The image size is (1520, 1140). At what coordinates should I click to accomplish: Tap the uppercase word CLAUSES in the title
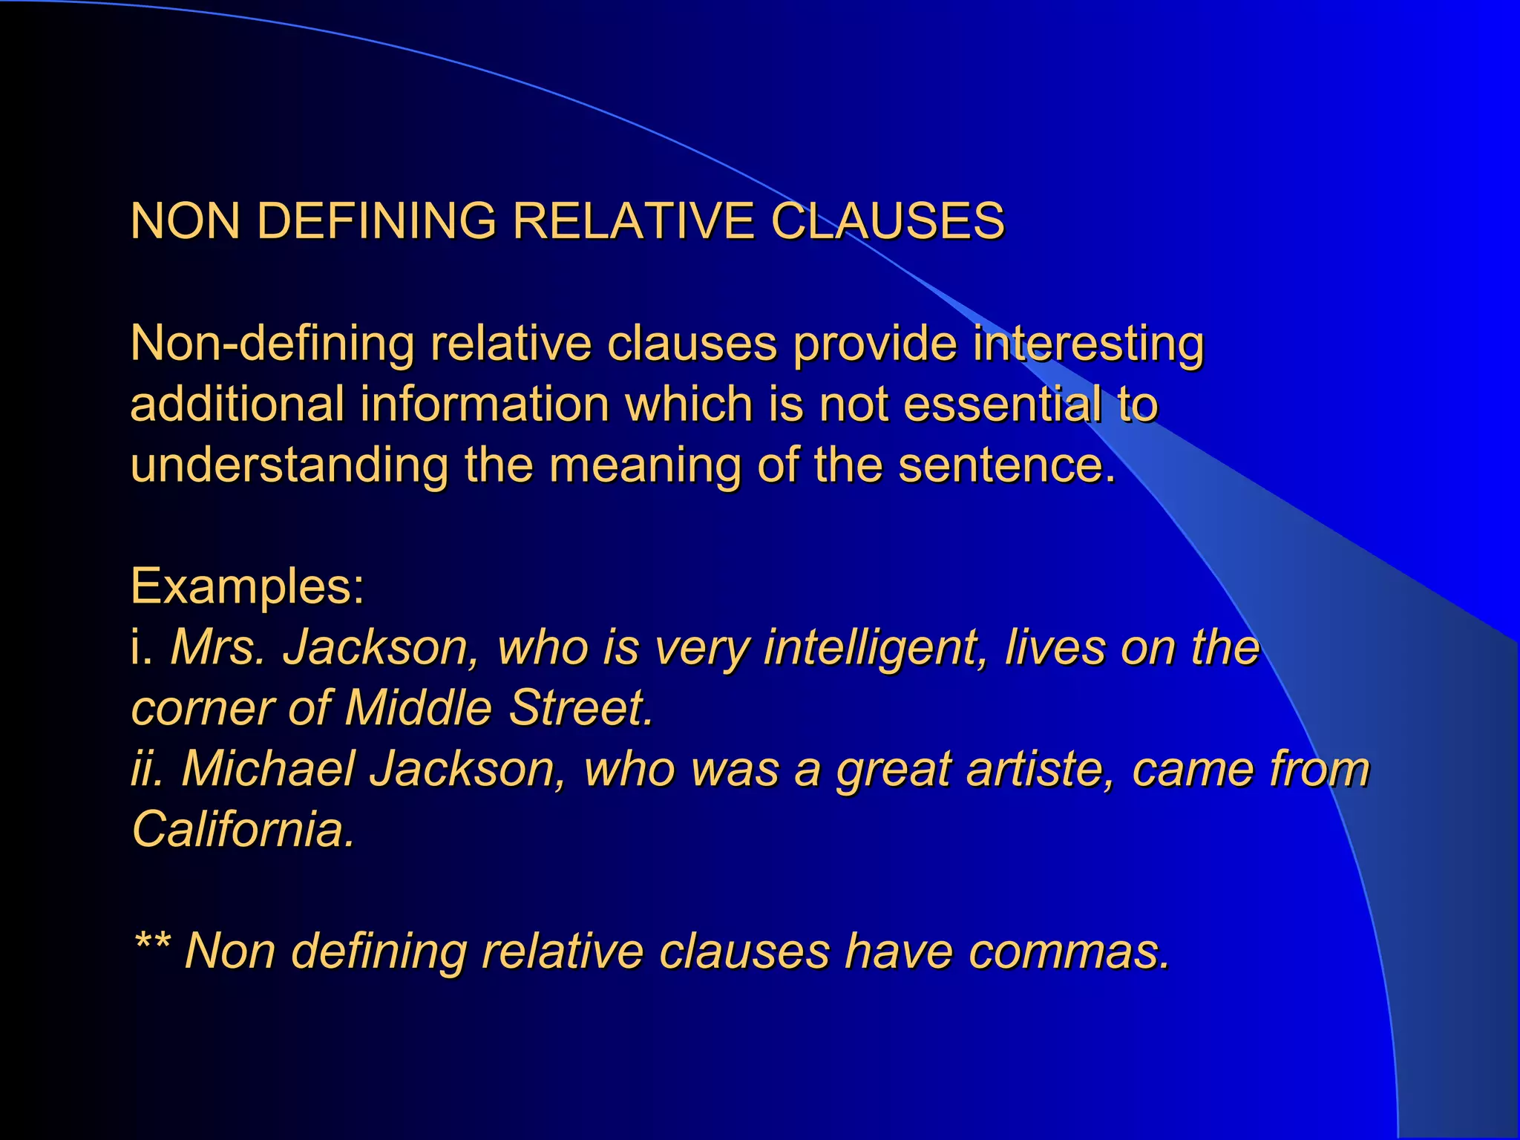tap(888, 221)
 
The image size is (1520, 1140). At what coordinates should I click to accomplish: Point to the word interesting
tap(1088, 345)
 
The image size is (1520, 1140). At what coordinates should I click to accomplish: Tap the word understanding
tap(289, 466)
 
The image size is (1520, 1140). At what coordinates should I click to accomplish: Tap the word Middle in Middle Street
tap(418, 707)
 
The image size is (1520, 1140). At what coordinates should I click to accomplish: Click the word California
tap(243, 829)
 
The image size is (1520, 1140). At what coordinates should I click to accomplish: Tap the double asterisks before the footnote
tap(153, 943)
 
